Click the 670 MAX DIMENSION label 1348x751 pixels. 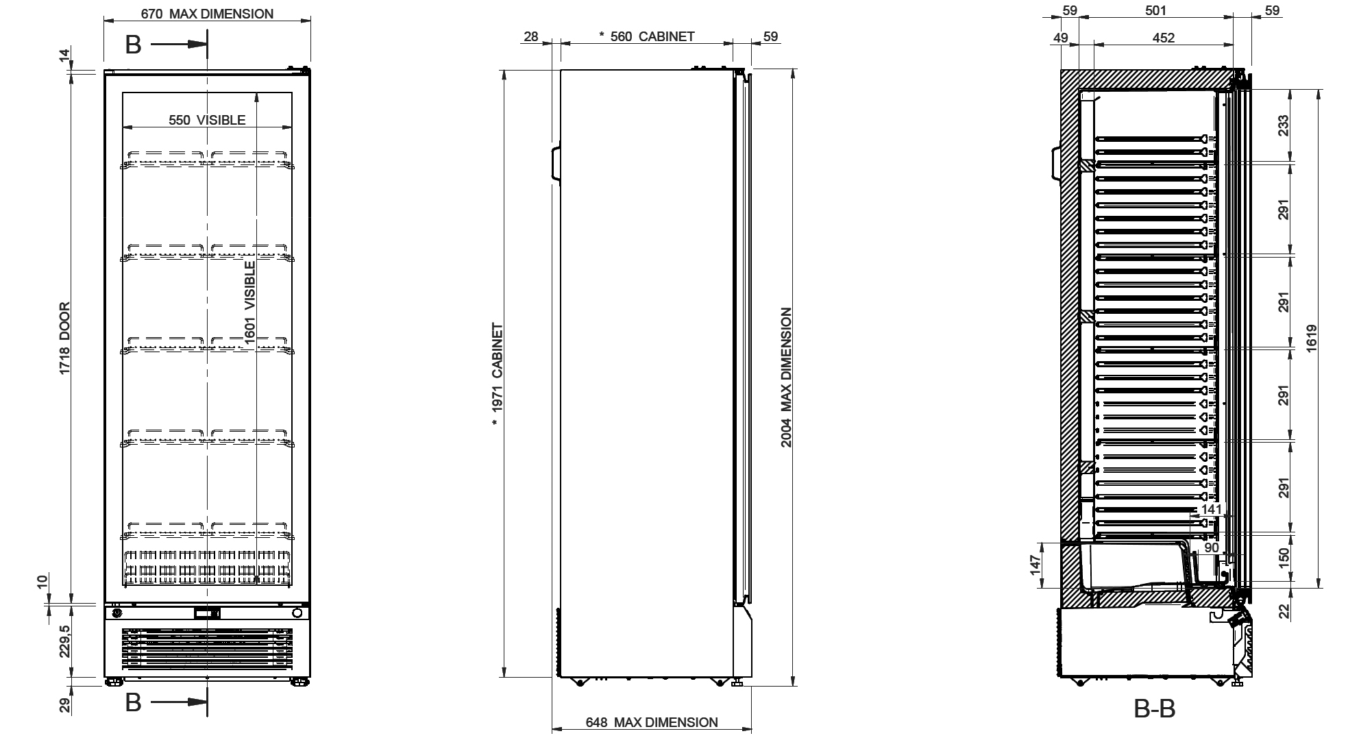click(207, 14)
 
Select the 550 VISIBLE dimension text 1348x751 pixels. click(207, 121)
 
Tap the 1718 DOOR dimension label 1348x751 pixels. click(65, 338)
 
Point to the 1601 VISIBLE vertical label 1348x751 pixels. click(250, 300)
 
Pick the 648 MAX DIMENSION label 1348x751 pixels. click(652, 722)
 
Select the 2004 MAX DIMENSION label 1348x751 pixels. click(787, 378)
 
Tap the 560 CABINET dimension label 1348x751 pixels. click(647, 37)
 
